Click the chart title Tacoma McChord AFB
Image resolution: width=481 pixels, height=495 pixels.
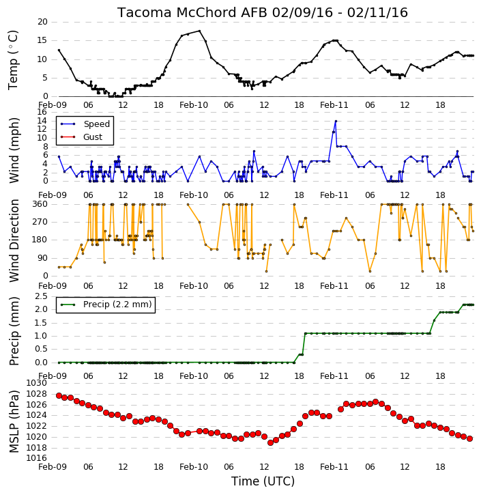[x=192, y=12]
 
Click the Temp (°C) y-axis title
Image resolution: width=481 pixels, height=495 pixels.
[x=13, y=60]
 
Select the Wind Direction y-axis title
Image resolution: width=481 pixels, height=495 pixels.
[x=14, y=240]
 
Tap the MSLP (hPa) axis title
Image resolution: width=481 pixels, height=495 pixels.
[x=14, y=421]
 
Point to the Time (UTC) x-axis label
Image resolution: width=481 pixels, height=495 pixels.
[x=263, y=481]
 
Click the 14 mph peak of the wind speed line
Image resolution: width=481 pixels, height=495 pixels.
[x=336, y=121]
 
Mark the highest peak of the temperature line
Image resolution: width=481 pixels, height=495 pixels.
[x=199, y=31]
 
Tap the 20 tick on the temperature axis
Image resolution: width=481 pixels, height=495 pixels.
[x=42, y=22]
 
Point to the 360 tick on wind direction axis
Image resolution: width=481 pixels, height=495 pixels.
[x=40, y=204]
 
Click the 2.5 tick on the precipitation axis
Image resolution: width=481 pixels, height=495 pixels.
[x=42, y=296]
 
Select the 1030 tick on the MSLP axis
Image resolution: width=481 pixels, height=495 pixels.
[x=37, y=383]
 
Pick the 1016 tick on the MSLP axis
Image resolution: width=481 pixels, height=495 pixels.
[x=37, y=458]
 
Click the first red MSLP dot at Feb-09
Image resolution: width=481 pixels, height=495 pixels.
[x=59, y=395]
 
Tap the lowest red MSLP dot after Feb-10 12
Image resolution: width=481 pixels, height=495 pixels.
[x=270, y=443]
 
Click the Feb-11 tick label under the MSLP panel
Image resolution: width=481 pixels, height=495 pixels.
[x=334, y=466]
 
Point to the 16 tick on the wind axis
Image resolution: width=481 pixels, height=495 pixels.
[x=42, y=112]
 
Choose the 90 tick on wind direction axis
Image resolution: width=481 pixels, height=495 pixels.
[x=42, y=258]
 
